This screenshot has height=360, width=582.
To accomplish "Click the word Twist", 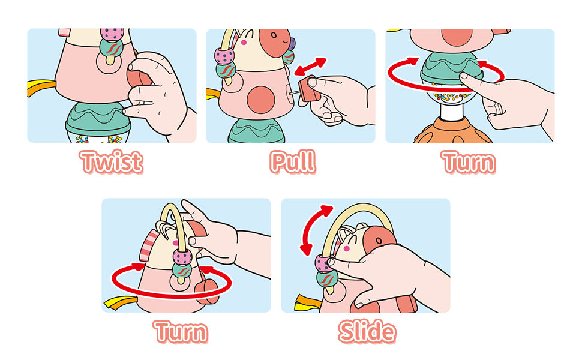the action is pyautogui.click(x=112, y=162).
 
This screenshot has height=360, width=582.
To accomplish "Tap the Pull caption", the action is pyautogui.click(x=293, y=162).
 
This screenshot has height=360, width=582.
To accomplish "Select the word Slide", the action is pyautogui.click(x=367, y=331).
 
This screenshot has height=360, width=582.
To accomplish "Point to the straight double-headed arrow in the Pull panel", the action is pyautogui.click(x=310, y=67).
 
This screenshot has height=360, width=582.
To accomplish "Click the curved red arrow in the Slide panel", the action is pyautogui.click(x=315, y=230).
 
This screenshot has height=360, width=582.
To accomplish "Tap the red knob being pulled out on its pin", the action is pyautogui.click(x=309, y=89).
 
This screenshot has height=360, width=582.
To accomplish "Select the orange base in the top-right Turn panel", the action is pyautogui.click(x=452, y=132).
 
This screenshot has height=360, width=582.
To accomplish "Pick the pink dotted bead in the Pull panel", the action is pyautogui.click(x=224, y=56).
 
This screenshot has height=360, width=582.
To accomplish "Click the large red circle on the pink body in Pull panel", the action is pyautogui.click(x=261, y=100).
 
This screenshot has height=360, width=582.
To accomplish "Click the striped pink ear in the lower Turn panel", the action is pyautogui.click(x=148, y=245).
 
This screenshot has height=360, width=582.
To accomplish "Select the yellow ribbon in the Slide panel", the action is pyautogui.click(x=307, y=302).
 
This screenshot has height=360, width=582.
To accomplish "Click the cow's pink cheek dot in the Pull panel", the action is pyautogui.click(x=244, y=43).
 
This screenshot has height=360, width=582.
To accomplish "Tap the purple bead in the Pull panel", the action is pyautogui.click(x=292, y=44).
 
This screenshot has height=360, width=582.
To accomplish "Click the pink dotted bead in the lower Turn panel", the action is pyautogui.click(x=182, y=257).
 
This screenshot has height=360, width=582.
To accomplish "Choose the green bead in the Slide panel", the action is pyautogui.click(x=327, y=278).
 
